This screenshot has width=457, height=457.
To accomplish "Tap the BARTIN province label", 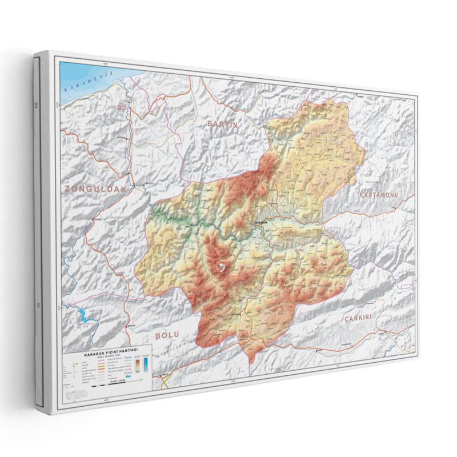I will click(x=222, y=123).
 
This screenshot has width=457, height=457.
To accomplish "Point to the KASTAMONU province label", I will click(x=378, y=195).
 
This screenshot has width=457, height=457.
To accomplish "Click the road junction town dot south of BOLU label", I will click(x=164, y=375).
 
